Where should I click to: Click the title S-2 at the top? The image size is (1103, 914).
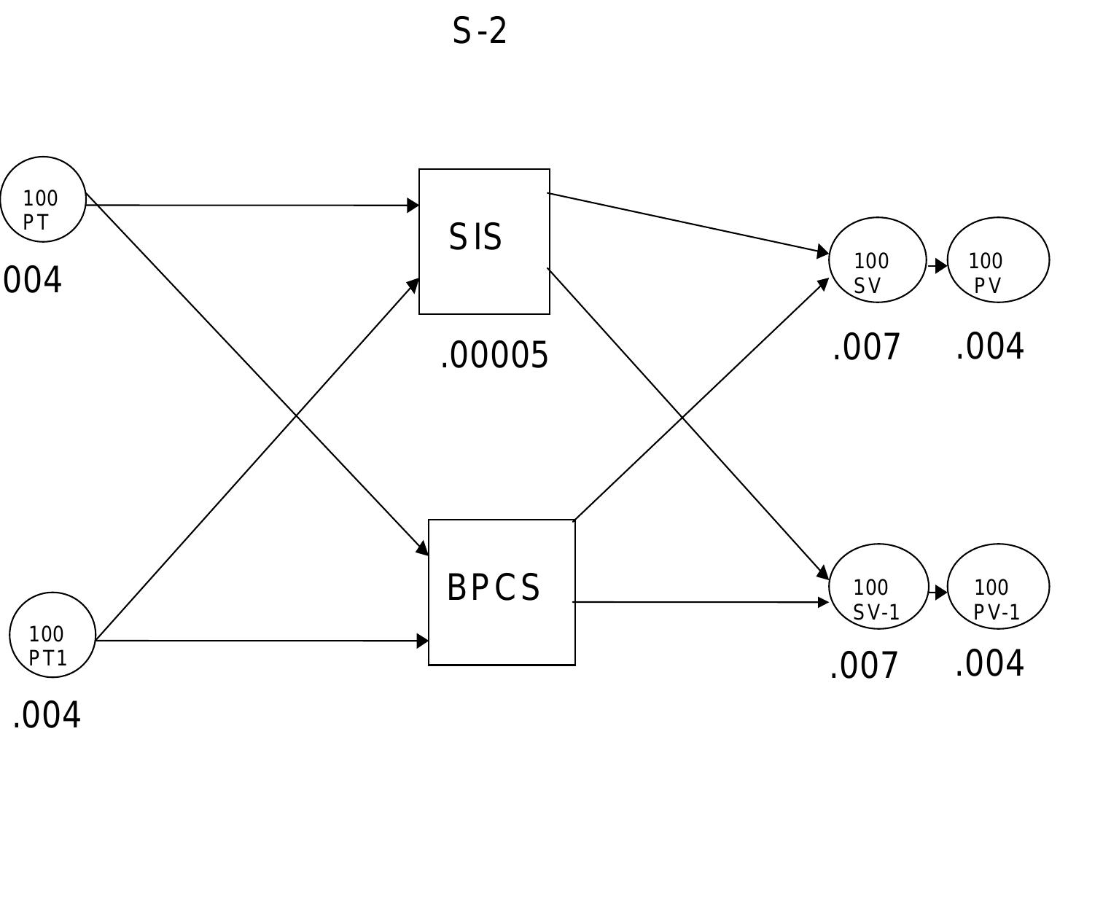click(479, 31)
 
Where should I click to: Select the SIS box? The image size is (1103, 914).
click(484, 241)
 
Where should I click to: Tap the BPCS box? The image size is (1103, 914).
click(502, 592)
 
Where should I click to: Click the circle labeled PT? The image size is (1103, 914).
click(43, 199)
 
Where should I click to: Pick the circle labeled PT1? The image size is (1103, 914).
click(52, 635)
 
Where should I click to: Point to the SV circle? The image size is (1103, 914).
click(877, 260)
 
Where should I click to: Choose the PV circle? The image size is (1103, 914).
click(998, 260)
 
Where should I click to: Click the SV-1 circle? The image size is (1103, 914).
click(878, 587)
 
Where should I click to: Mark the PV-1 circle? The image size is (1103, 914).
click(998, 587)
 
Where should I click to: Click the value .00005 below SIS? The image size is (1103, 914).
click(494, 356)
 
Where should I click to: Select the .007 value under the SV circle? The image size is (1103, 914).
click(866, 347)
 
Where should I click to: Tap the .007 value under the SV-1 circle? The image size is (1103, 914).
click(865, 665)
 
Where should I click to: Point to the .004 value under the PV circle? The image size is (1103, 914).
click(989, 346)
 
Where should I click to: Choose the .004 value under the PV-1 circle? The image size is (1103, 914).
click(989, 663)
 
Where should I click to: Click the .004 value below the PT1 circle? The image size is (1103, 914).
click(47, 715)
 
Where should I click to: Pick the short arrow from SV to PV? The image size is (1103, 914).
click(938, 266)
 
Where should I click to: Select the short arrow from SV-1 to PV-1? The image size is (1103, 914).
click(939, 593)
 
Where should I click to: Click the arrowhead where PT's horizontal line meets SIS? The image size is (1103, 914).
click(413, 206)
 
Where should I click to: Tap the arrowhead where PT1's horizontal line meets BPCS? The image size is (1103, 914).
click(422, 641)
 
